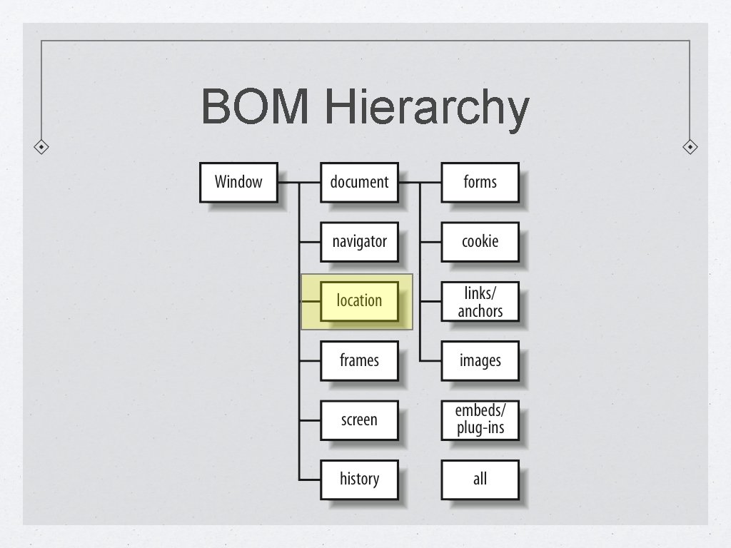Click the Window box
pos(238,182)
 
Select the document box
pos(359,182)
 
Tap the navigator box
pos(359,241)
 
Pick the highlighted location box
pos(359,301)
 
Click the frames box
pos(359,360)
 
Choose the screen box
pos(359,420)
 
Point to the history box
pos(359,479)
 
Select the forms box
pos(480,182)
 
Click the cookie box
pos(480,241)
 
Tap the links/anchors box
pos(480,301)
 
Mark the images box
pos(480,360)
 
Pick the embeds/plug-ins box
pos(480,420)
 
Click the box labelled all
pos(480,479)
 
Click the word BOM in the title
pos(256,107)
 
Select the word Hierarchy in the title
pos(426,108)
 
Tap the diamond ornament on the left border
pos(42,147)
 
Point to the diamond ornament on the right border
pos(690,147)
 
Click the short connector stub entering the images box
pos(430,360)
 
